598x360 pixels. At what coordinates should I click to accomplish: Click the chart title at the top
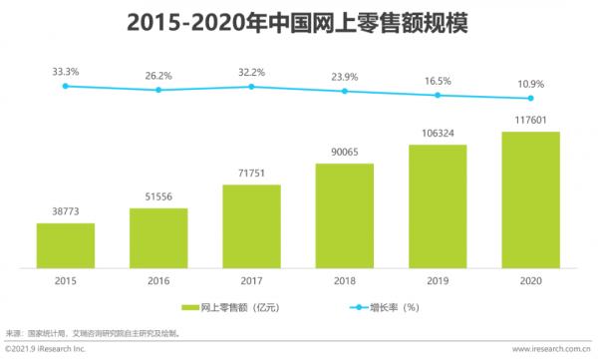pos(299,22)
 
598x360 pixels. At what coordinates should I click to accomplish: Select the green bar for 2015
pos(66,245)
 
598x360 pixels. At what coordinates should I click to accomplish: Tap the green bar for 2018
pos(344,215)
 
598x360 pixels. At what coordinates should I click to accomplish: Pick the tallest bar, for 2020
pos(530,200)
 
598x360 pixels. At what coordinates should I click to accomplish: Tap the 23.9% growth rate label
pos(344,75)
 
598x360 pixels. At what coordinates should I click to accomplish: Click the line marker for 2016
pos(158,90)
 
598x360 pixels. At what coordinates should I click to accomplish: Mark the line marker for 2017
pos(251,87)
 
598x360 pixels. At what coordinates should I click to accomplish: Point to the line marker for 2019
pos(437,96)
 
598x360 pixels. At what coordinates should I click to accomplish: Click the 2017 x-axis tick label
pos(251,281)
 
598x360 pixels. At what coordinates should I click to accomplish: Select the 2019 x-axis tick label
pos(437,281)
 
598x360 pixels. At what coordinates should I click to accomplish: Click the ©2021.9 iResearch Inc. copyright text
pos(46,350)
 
